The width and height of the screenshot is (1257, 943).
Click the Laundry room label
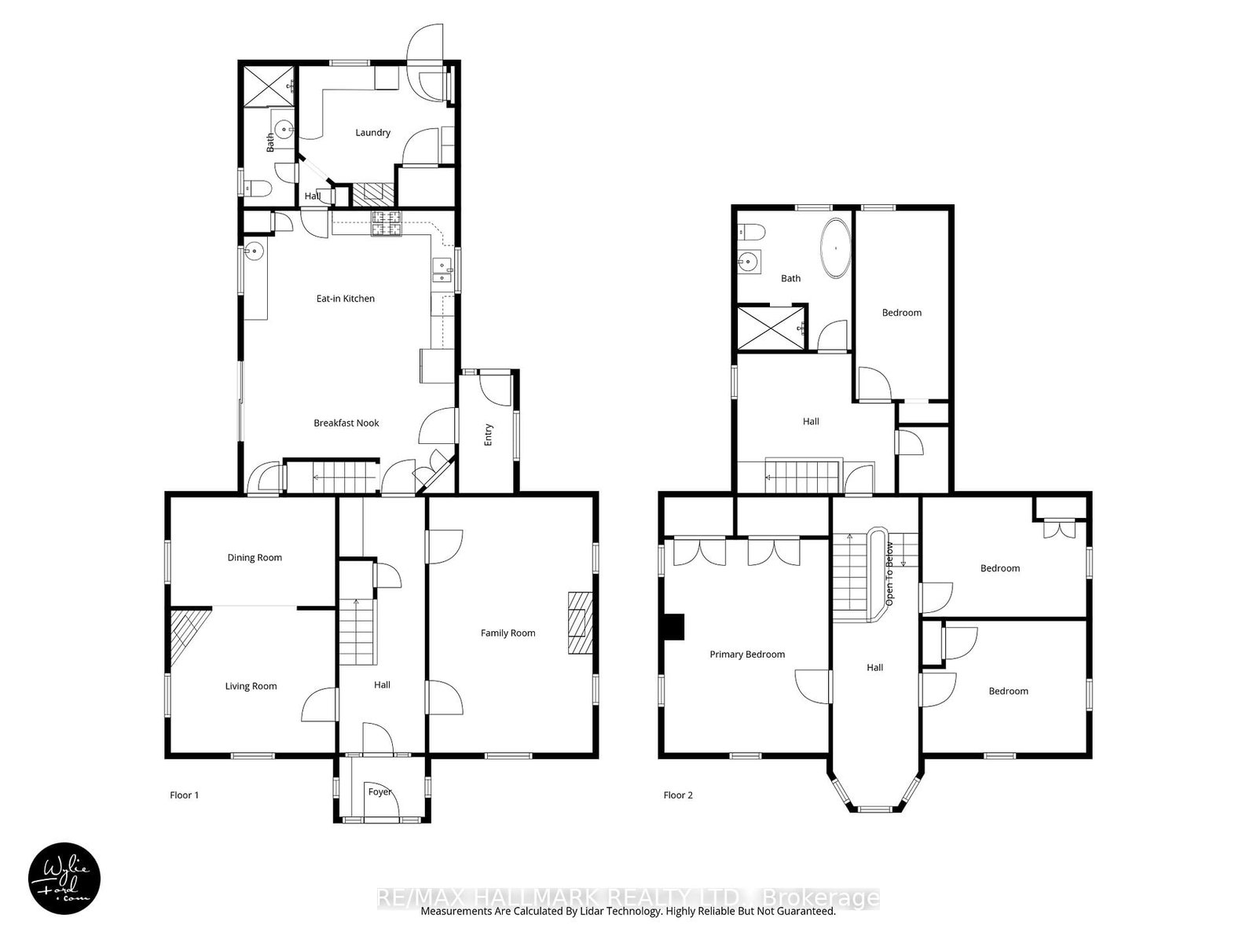tap(372, 133)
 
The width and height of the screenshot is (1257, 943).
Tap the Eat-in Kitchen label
tap(345, 299)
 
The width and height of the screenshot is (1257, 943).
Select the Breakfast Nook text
tap(346, 423)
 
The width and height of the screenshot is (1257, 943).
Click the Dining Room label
tap(255, 558)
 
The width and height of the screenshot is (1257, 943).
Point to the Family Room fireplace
tap(580, 622)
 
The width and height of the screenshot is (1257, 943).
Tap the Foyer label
tap(379, 792)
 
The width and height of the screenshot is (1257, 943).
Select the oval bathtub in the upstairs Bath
tap(836, 248)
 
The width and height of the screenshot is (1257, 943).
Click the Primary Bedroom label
tap(746, 655)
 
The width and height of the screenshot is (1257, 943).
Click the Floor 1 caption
tap(184, 795)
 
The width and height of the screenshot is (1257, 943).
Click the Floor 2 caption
tap(678, 795)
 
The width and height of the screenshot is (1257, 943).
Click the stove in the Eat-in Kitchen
tap(386, 224)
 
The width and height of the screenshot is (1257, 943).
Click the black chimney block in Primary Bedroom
tap(673, 627)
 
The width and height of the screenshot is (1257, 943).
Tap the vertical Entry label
tap(488, 435)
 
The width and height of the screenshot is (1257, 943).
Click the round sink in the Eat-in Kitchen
tap(254, 251)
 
